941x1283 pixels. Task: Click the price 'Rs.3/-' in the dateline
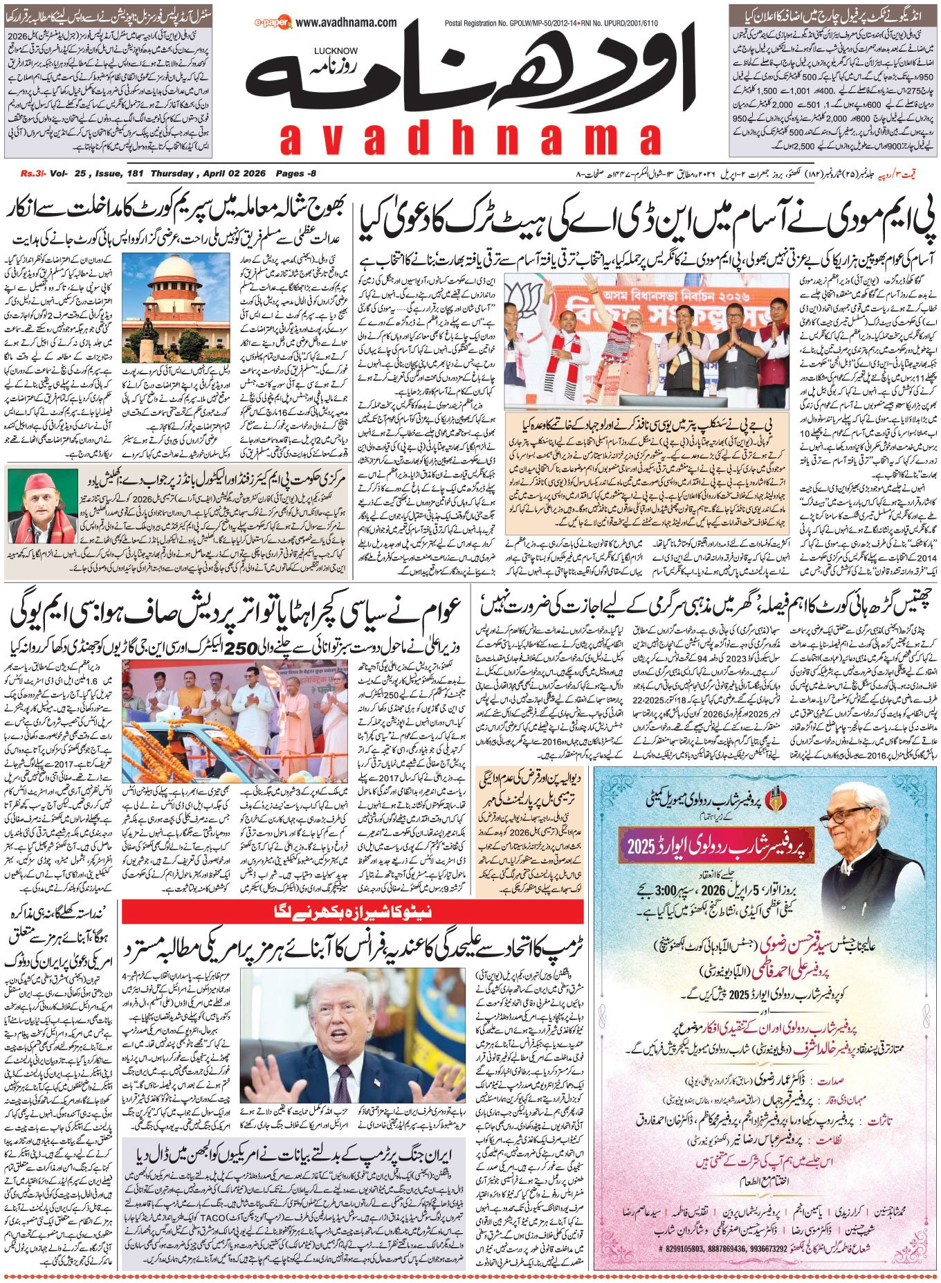click(32, 174)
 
